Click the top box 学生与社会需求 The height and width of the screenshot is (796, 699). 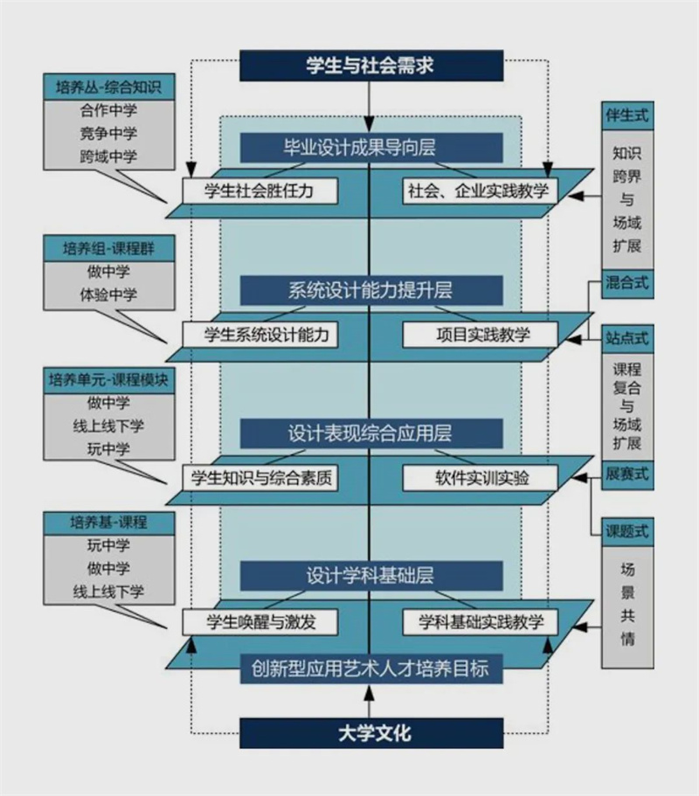pyautogui.click(x=371, y=65)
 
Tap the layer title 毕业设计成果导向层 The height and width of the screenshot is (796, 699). pyautogui.click(x=371, y=147)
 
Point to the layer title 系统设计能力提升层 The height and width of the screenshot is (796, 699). pyautogui.click(x=371, y=290)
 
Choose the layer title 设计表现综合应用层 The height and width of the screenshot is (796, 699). pyautogui.click(x=371, y=433)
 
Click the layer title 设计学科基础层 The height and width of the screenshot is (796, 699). pyautogui.click(x=371, y=576)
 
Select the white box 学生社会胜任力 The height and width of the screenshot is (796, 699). pyautogui.click(x=260, y=190)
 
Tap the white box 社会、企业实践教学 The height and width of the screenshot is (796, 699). pyautogui.click(x=479, y=190)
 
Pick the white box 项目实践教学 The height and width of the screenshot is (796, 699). pyautogui.click(x=479, y=334)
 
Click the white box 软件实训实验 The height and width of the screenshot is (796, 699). pyautogui.click(x=479, y=478)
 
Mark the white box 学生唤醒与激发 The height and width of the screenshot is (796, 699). pyautogui.click(x=260, y=621)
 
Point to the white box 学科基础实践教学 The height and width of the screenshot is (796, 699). pyautogui.click(x=479, y=621)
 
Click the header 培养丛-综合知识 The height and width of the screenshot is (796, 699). pyautogui.click(x=107, y=87)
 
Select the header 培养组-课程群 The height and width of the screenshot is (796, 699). pyautogui.click(x=107, y=248)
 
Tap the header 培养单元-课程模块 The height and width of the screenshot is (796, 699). pyautogui.click(x=107, y=380)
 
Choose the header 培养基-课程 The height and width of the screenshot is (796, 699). pyautogui.click(x=107, y=523)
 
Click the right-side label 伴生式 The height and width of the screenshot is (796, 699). pyautogui.click(x=626, y=115)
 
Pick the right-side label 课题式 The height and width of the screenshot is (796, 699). pyautogui.click(x=626, y=530)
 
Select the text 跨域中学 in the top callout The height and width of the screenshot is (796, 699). pyautogui.click(x=107, y=157)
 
